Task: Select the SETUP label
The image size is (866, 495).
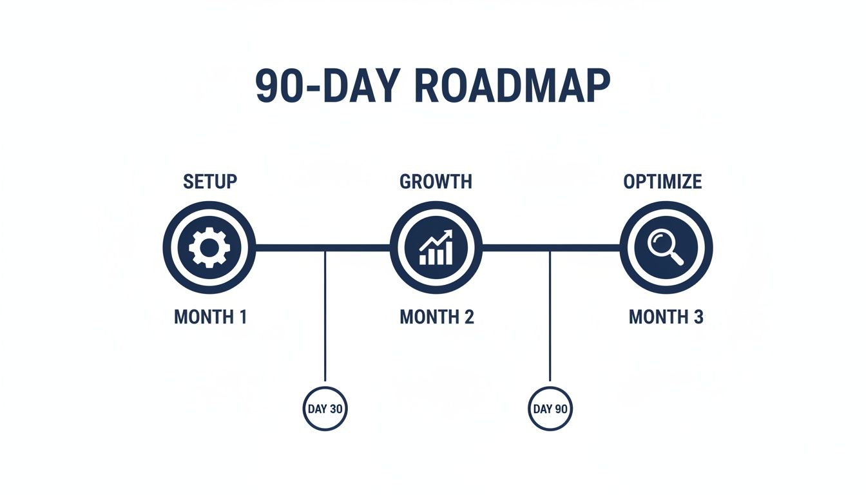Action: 210,182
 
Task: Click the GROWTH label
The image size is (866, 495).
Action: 436,182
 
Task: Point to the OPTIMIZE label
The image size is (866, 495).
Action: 662,182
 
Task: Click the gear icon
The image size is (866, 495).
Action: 209,247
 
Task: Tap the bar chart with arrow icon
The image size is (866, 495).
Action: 436,247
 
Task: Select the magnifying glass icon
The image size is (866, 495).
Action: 665,247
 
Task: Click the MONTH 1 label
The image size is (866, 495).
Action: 210,317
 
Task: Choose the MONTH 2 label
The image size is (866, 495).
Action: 437,317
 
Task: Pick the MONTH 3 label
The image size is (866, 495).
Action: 666,317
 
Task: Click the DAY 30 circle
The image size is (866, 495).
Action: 325,409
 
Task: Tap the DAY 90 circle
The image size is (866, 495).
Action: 550,409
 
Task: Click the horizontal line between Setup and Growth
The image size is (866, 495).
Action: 290,247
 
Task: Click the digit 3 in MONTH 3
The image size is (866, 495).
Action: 698,317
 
